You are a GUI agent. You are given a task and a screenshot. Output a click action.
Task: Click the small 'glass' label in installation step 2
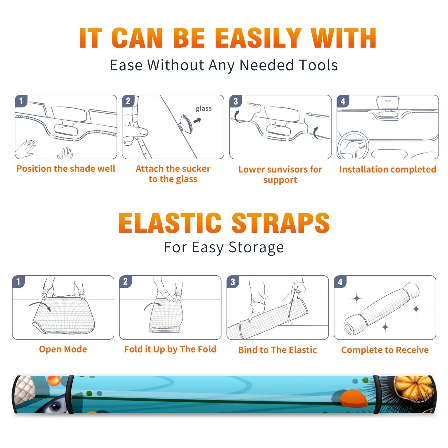pyautogui.click(x=204, y=109)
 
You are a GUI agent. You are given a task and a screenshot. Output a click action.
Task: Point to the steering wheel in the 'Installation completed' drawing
pyautogui.click(x=353, y=145)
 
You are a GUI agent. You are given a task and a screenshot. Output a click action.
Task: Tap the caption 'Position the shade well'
pyautogui.click(x=66, y=169)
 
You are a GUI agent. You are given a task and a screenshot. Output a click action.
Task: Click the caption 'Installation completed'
pyautogui.click(x=388, y=169)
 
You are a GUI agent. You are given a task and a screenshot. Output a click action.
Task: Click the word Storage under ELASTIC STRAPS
pyautogui.click(x=256, y=248)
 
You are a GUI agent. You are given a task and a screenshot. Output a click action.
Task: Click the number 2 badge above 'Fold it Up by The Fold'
pyautogui.click(x=125, y=281)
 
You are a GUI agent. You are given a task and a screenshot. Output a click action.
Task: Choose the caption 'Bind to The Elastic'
pyautogui.click(x=277, y=350)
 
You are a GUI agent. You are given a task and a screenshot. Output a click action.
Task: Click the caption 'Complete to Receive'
pyautogui.click(x=385, y=350)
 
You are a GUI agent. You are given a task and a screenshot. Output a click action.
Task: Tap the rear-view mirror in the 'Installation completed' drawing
pyautogui.click(x=388, y=103)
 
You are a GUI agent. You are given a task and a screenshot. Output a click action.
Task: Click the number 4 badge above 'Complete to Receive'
pyautogui.click(x=340, y=281)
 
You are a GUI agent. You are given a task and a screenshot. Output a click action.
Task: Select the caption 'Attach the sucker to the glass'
pyautogui.click(x=173, y=174)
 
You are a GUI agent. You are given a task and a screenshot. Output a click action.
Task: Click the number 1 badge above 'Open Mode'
pyautogui.click(x=18, y=281)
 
